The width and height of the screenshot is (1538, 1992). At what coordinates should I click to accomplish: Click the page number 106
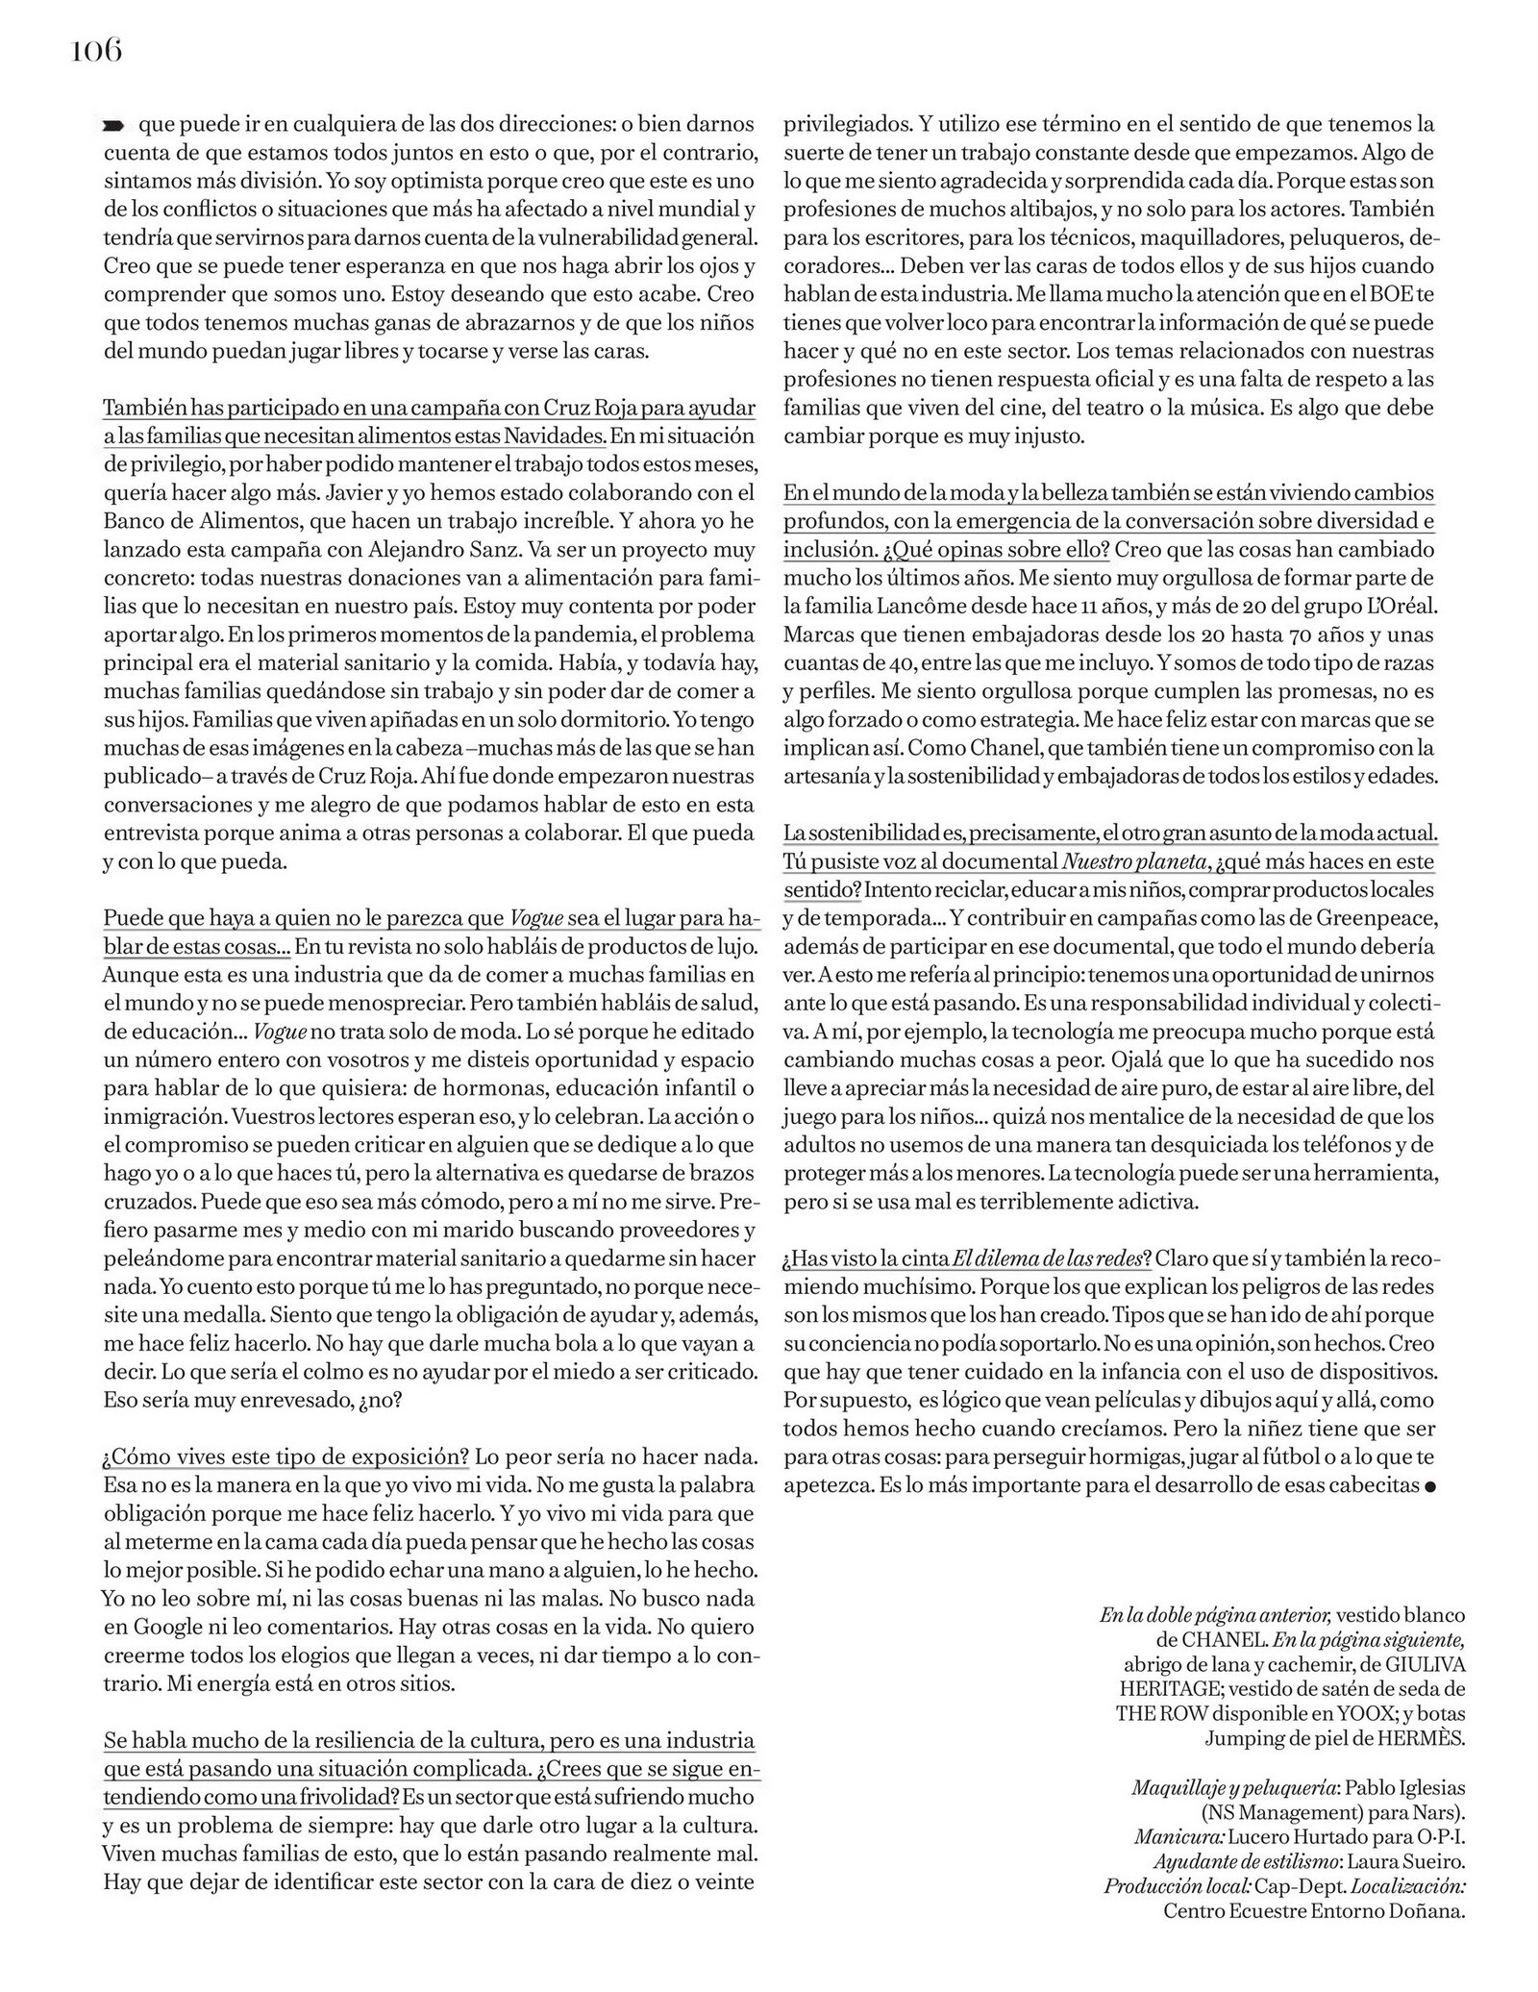(96, 50)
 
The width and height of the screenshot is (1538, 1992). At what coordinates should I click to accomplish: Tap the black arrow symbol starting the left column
(113, 125)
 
